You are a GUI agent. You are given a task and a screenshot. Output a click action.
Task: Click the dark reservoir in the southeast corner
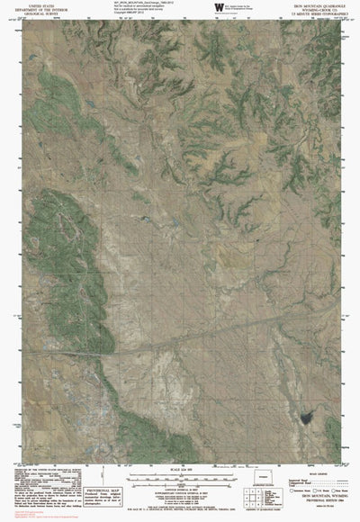tap(302, 444)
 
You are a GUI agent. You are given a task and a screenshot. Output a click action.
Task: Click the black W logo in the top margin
tap(219, 7)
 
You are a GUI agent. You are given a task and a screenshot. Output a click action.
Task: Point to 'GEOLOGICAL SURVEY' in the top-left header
tap(33, 15)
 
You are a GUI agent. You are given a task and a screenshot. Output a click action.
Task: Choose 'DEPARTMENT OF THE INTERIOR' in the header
tap(33, 10)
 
